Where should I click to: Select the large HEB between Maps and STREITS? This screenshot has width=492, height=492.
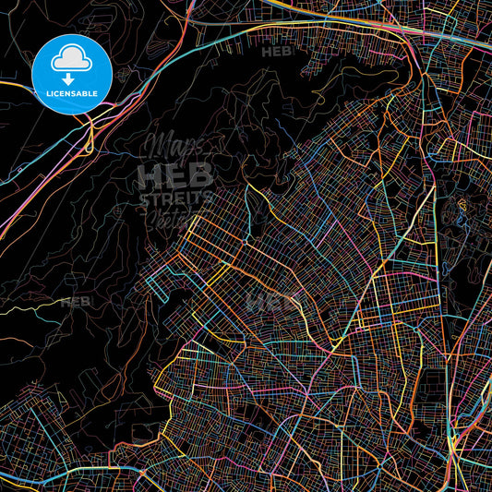[175, 175]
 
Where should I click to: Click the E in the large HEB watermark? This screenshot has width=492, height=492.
[175, 175]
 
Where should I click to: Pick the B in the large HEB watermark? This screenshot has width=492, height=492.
[200, 175]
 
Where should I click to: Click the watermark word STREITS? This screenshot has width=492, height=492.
[175, 198]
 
